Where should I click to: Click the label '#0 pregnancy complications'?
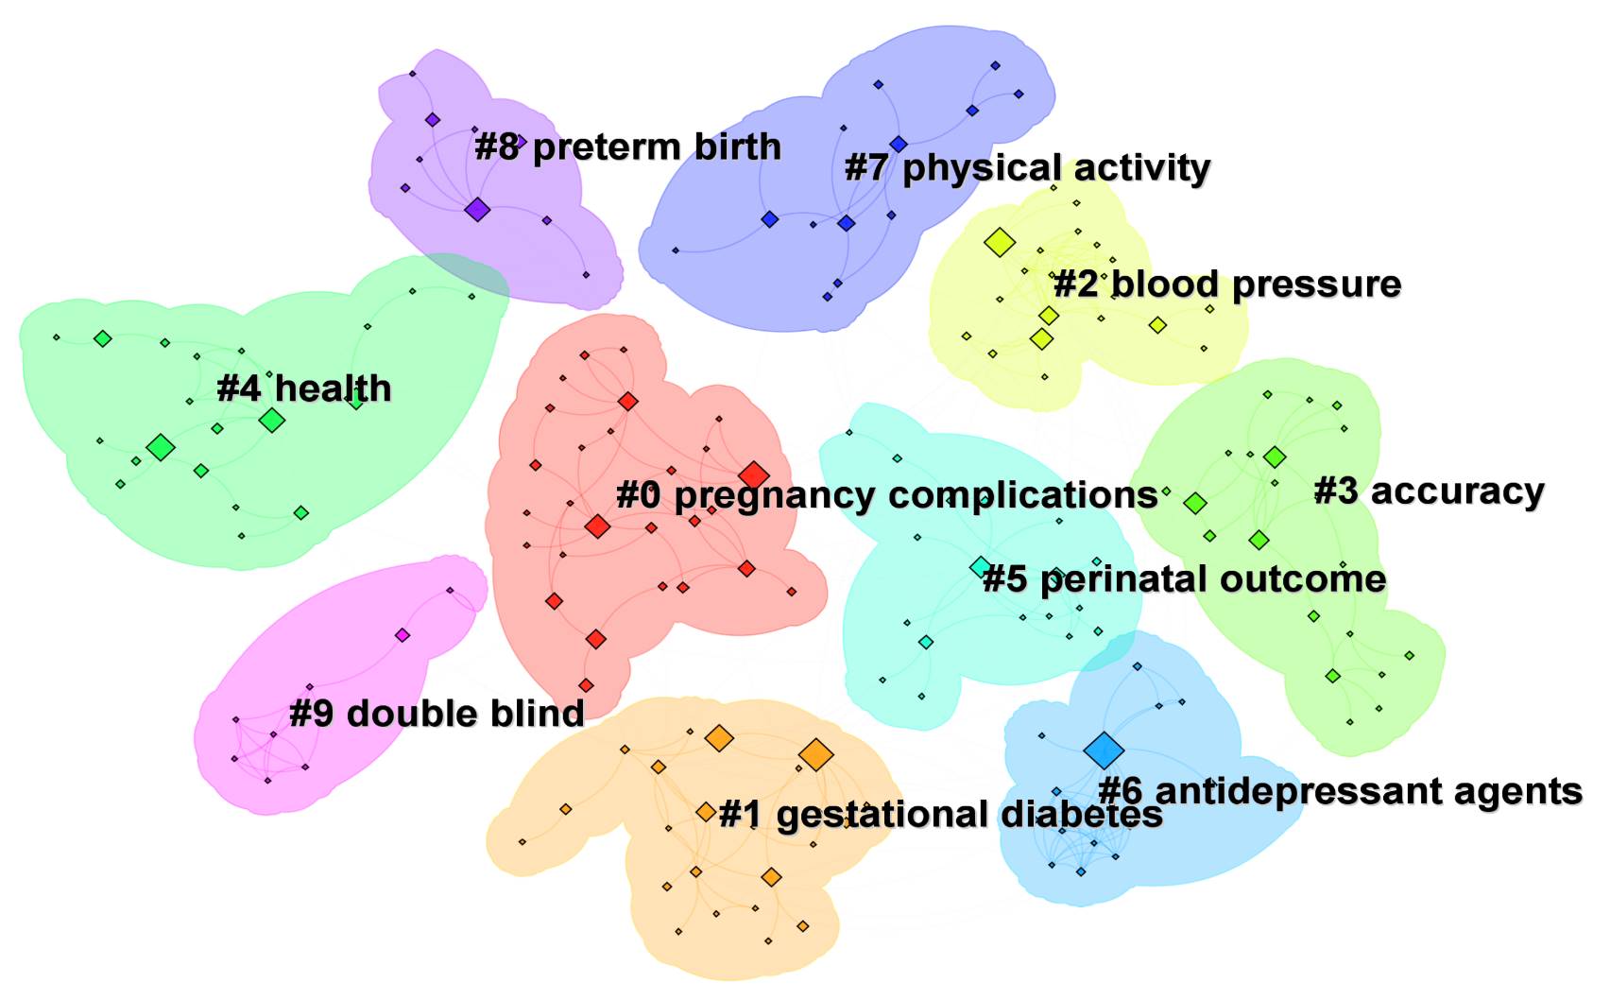(x=886, y=494)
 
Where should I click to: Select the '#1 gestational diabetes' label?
(x=940, y=814)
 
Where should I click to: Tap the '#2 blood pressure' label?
(x=1226, y=284)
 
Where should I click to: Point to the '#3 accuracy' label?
(x=1429, y=491)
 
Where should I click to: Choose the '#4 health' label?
(x=303, y=388)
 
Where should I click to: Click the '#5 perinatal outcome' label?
(x=1184, y=578)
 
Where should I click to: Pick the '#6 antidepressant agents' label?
(x=1340, y=791)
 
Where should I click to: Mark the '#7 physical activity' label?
(x=1027, y=168)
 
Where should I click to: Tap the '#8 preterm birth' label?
(x=627, y=147)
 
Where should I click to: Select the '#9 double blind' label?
(x=437, y=714)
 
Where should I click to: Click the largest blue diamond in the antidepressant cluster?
(x=1103, y=750)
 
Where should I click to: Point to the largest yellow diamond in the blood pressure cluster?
(x=999, y=243)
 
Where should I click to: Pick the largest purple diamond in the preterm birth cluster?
(x=477, y=209)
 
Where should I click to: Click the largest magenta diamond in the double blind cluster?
(x=402, y=635)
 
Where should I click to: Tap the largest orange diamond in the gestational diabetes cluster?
(x=815, y=755)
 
